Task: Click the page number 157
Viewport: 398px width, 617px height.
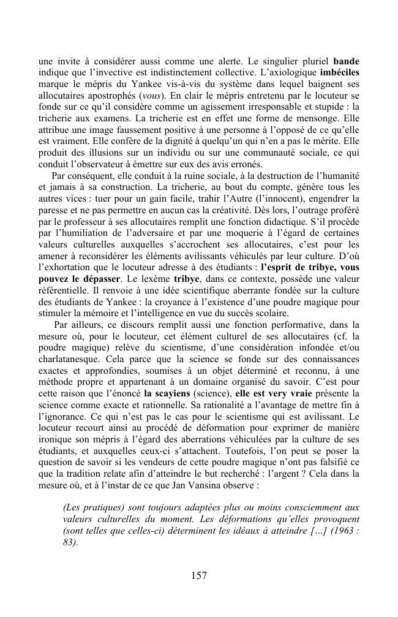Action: click(198, 575)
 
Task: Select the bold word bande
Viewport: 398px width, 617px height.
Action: click(346, 62)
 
